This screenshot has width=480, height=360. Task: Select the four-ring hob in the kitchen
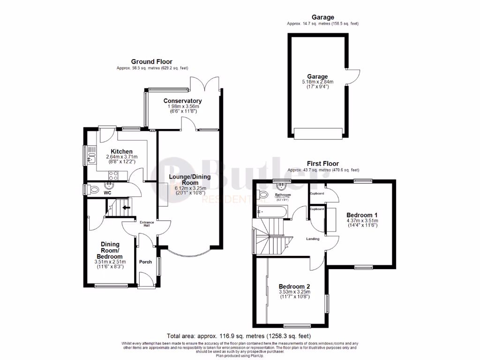pos(113,176)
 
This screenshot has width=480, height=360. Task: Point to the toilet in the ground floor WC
pos(94,190)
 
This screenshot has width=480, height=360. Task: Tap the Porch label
pos(146,262)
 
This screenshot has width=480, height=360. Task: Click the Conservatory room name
pos(182,101)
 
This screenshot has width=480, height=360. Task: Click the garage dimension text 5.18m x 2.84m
pos(317,82)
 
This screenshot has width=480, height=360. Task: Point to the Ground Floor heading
pos(151,61)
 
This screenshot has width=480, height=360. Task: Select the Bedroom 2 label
pos(294,286)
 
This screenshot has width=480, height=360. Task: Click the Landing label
pos(312,239)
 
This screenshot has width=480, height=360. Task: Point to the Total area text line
pos(239,336)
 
